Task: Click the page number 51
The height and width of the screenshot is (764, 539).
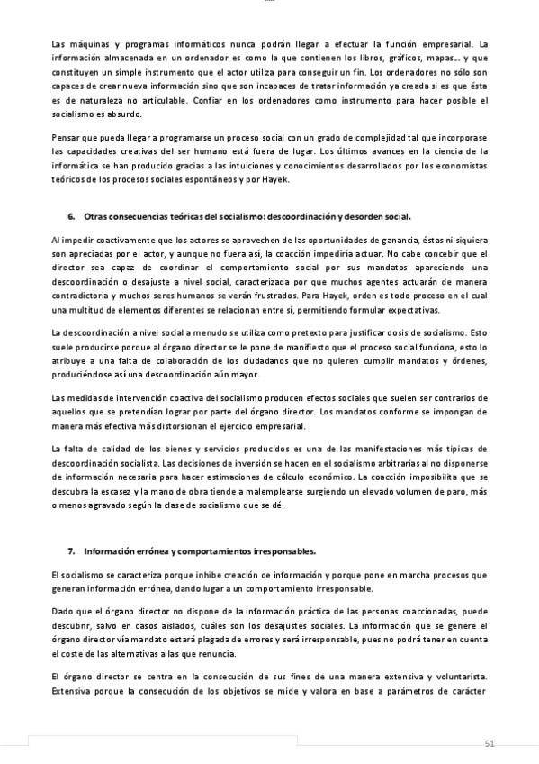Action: point(490,743)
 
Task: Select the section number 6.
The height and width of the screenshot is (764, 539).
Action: point(71,217)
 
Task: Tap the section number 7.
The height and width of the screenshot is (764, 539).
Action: point(71,550)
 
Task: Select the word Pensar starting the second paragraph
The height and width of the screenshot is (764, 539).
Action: point(67,138)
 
